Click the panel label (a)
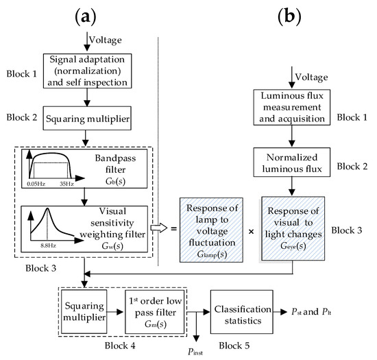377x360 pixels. (84, 14)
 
